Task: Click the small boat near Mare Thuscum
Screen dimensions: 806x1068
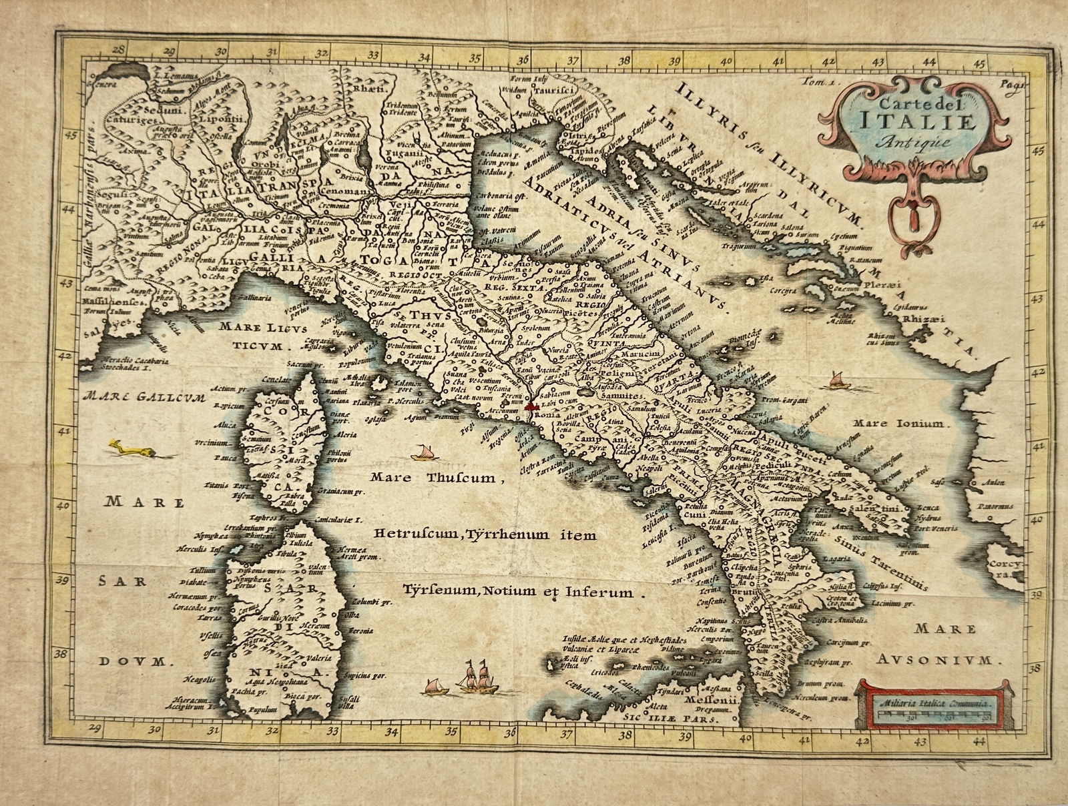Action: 421,454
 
